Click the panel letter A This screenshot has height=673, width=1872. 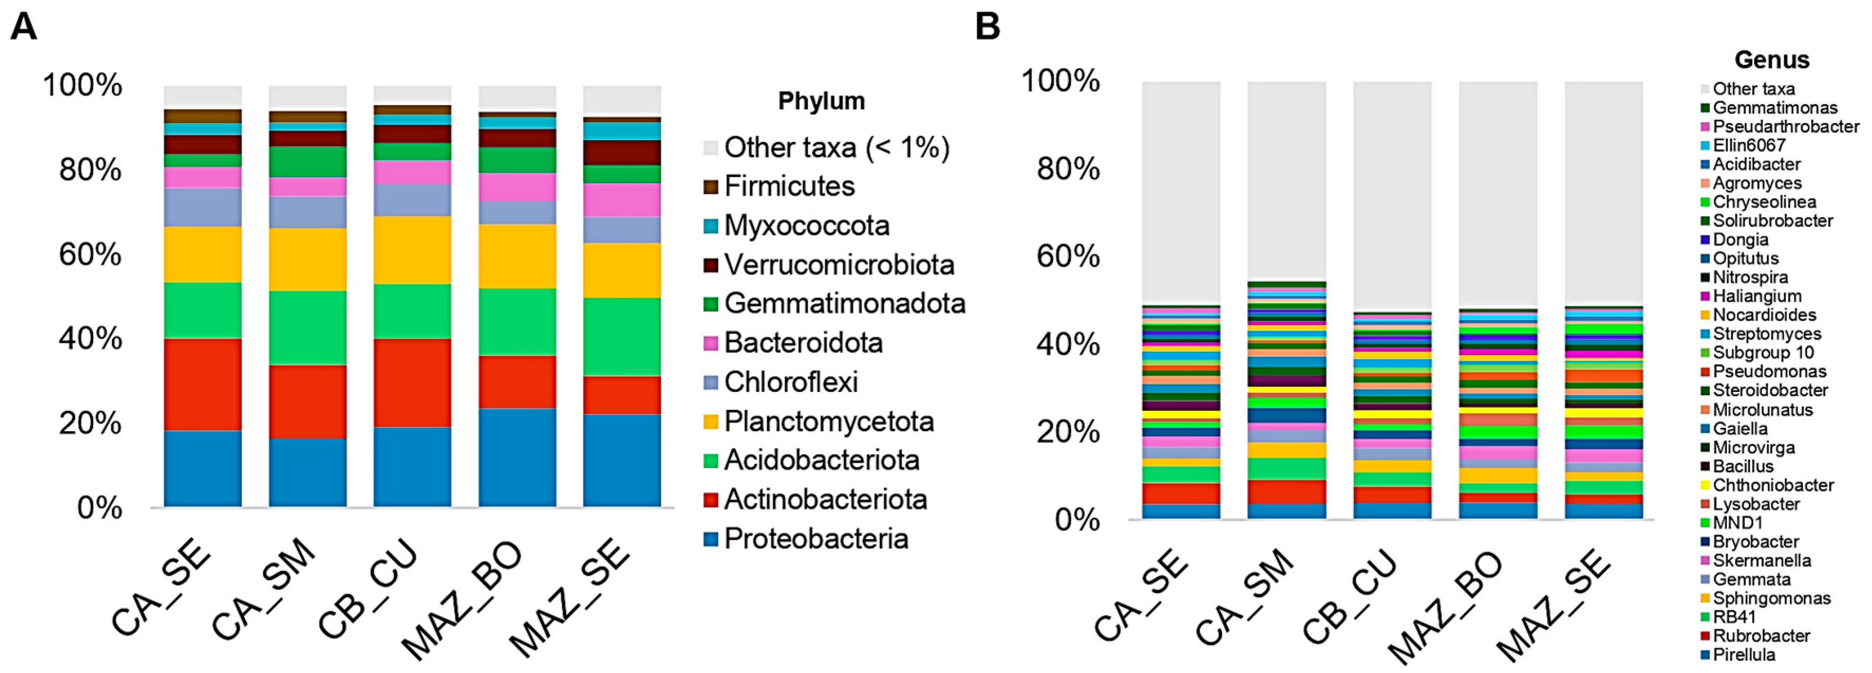point(23,27)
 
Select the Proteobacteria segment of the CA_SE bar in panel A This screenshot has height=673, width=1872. point(203,468)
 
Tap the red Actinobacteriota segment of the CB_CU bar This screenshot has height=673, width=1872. point(412,382)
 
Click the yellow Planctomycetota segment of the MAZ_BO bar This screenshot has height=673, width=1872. point(517,256)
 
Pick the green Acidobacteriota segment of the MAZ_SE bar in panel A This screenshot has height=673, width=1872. point(621,336)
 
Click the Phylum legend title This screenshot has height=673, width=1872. point(821,101)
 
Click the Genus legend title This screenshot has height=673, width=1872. point(1771,60)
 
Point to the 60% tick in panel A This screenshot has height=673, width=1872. point(90,255)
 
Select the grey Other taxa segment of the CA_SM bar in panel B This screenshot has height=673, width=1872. point(1286,182)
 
